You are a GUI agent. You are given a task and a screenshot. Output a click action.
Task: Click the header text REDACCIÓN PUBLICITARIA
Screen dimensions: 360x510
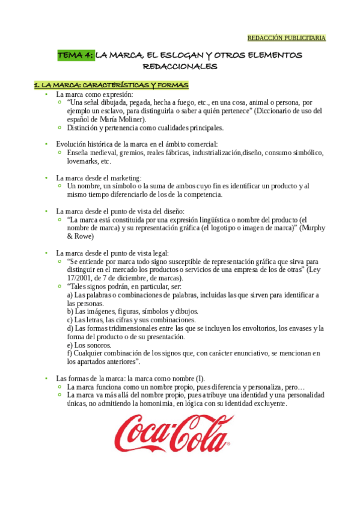tap(286, 38)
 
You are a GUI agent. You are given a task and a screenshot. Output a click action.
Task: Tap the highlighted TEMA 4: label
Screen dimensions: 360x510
tap(75, 56)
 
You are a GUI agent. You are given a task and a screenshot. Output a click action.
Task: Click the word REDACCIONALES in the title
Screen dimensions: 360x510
tap(180, 67)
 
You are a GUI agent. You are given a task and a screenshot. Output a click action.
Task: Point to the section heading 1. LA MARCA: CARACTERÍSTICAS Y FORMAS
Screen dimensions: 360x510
tap(111, 85)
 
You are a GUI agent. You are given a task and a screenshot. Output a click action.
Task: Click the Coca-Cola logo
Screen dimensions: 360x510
tap(172, 433)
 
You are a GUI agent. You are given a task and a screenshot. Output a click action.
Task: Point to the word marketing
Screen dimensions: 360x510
tap(126, 178)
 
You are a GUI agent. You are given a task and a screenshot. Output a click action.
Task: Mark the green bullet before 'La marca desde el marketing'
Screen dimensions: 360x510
tap(46, 178)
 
